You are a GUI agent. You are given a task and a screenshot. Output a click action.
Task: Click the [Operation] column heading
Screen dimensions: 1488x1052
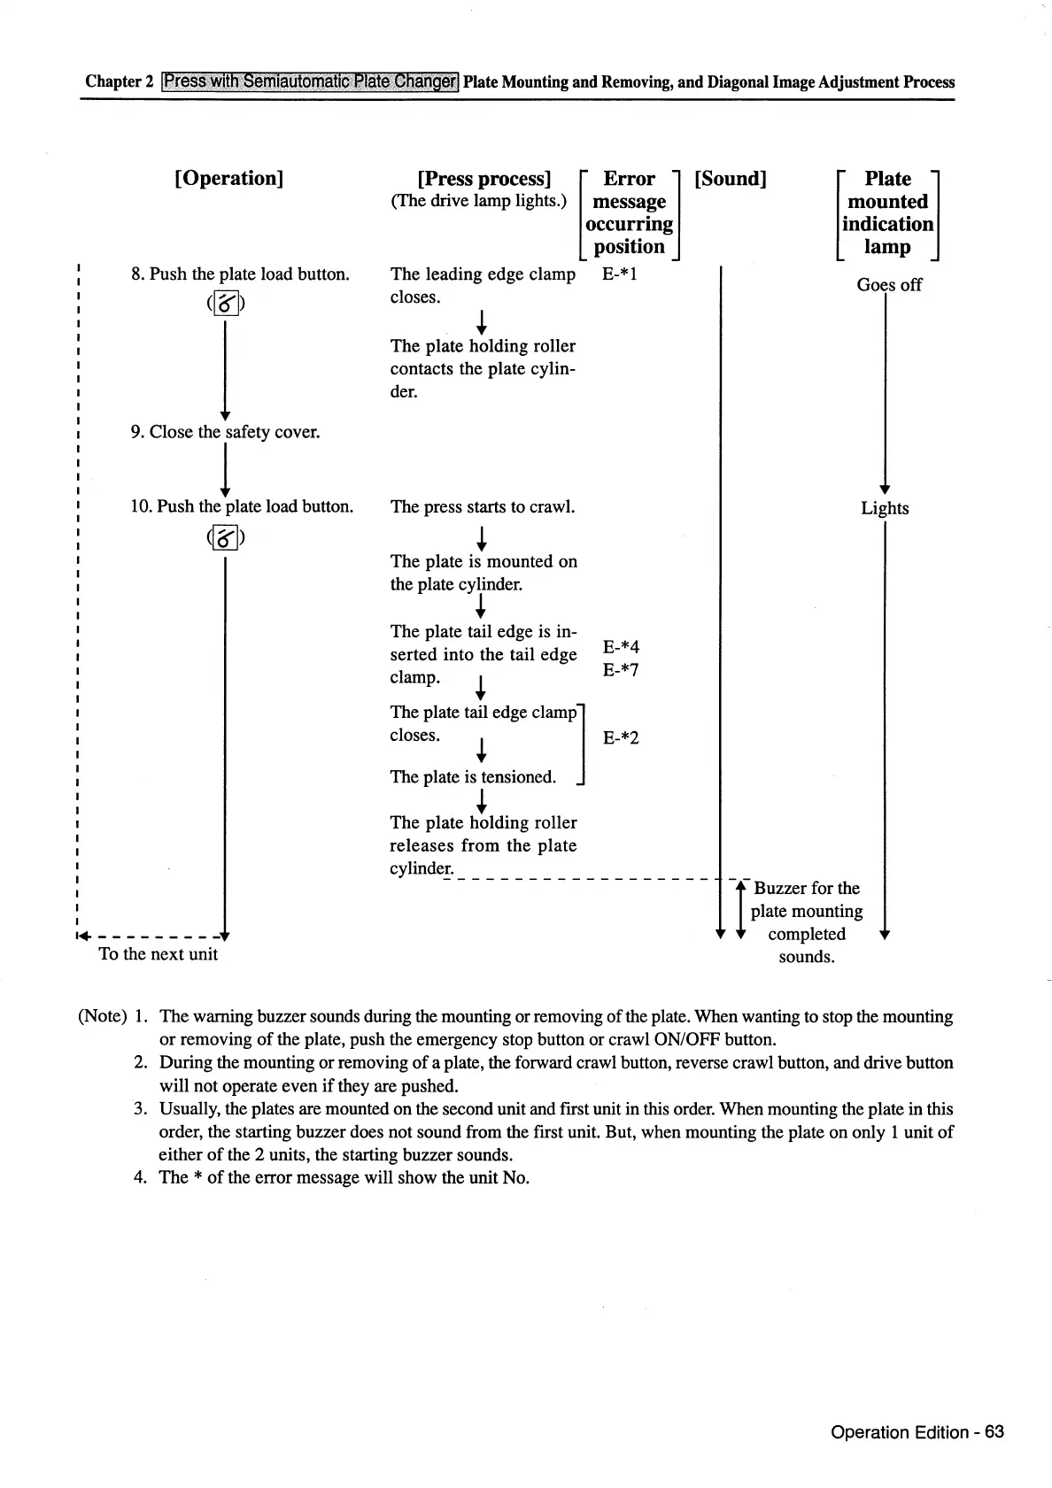[229, 178]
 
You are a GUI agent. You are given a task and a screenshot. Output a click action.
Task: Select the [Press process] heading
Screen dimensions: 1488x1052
[483, 179]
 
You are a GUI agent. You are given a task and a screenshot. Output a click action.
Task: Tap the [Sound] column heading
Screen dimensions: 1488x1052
[731, 179]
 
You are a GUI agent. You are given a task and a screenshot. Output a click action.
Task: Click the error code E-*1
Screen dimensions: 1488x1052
[620, 274]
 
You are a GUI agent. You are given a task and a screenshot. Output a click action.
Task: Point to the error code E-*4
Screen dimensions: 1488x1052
[621, 647]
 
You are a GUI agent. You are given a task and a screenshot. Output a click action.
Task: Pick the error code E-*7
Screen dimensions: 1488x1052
[621, 670]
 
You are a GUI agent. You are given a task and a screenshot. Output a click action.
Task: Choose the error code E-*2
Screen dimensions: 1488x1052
[621, 737]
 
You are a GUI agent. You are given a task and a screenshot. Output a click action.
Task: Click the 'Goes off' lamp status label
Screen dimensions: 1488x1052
[888, 285]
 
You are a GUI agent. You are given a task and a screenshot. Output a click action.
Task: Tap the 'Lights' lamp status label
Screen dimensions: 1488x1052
[885, 508]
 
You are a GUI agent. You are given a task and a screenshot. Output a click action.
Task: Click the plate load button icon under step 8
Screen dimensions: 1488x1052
[226, 305]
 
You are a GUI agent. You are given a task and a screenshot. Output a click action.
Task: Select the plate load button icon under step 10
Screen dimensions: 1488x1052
[226, 537]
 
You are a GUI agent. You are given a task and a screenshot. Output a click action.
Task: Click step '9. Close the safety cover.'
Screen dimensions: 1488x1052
[225, 432]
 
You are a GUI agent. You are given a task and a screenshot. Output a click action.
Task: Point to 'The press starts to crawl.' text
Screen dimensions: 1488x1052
[483, 506]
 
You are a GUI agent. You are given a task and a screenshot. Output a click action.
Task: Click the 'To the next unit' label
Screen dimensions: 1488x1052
[159, 953]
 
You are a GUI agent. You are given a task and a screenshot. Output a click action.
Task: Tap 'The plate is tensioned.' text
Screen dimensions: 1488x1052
[473, 776]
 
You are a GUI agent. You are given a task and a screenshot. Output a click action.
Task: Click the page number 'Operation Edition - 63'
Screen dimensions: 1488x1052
[917, 1431]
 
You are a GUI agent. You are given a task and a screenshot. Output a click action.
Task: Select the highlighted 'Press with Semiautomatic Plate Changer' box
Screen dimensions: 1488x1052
[310, 81]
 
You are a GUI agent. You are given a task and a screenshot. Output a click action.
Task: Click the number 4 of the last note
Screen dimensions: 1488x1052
[140, 1177]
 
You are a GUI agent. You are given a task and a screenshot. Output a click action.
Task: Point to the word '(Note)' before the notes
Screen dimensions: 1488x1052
[103, 1015]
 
